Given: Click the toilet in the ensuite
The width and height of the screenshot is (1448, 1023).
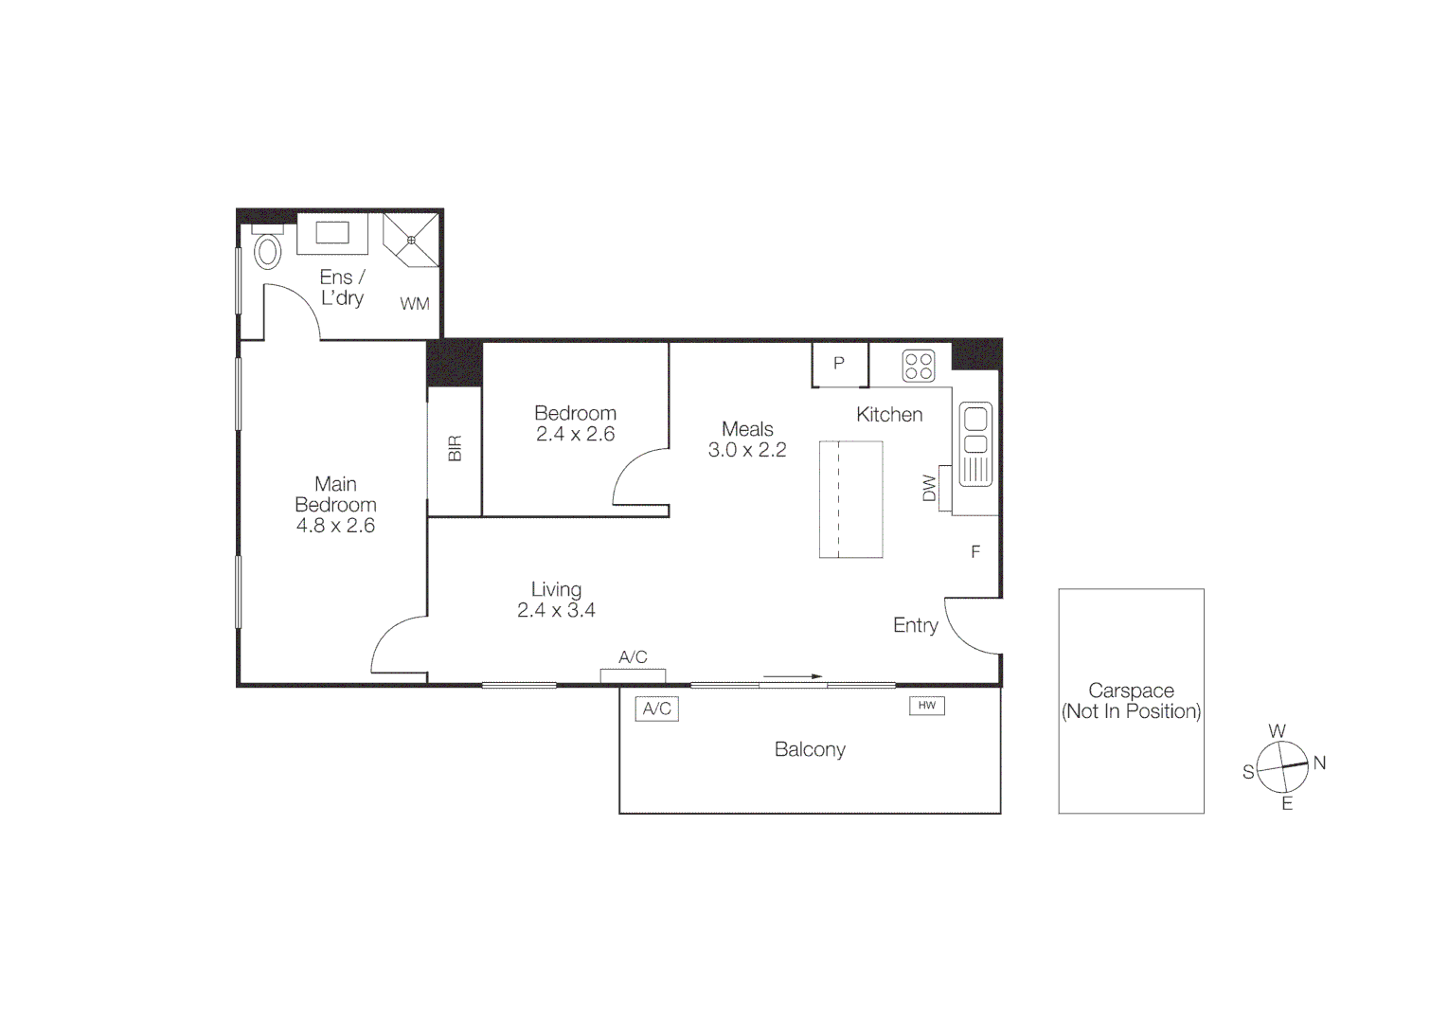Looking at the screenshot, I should pyautogui.click(x=268, y=251).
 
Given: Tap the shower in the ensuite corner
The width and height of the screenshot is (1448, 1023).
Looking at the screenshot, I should pyautogui.click(x=411, y=240).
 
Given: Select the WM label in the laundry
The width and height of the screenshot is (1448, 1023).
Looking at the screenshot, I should pyautogui.click(x=415, y=304).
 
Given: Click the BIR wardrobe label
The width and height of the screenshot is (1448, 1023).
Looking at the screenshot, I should pyautogui.click(x=455, y=449).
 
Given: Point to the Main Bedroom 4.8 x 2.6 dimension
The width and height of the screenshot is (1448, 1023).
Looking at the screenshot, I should pyautogui.click(x=335, y=526).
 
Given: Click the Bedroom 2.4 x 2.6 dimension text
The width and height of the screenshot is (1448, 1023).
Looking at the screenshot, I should pyautogui.click(x=575, y=435).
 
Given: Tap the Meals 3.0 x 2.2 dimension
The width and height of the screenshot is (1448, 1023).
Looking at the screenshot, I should pyautogui.click(x=747, y=451).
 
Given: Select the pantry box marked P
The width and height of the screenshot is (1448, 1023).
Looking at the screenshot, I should pyautogui.click(x=839, y=364).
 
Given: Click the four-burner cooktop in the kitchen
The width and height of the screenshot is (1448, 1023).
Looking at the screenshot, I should pyautogui.click(x=919, y=366).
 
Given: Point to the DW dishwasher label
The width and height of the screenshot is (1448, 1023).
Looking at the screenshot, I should pyautogui.click(x=929, y=488).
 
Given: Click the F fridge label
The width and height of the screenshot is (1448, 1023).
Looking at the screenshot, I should pyautogui.click(x=975, y=552).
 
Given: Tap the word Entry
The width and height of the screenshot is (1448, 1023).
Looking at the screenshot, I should pyautogui.click(x=915, y=625).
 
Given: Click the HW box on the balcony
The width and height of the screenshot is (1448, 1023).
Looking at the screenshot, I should pyautogui.click(x=927, y=706).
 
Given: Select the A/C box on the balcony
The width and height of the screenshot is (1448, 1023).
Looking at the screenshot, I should pyautogui.click(x=656, y=709).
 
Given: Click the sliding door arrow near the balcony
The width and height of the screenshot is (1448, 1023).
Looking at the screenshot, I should pyautogui.click(x=793, y=677).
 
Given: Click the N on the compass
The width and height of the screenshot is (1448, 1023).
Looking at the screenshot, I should pyautogui.click(x=1320, y=763).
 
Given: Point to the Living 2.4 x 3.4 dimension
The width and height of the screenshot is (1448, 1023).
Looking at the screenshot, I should pyautogui.click(x=556, y=611).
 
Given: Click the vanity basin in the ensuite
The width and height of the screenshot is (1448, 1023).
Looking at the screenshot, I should pyautogui.click(x=332, y=233).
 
